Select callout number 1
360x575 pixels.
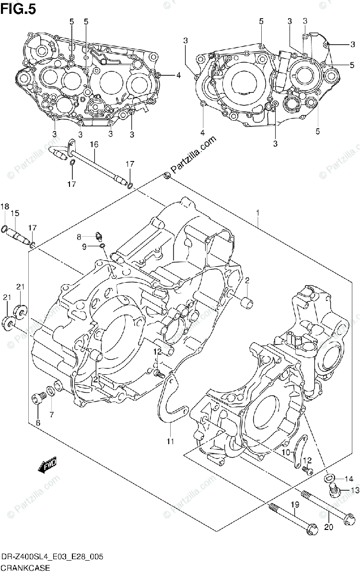click(257, 212)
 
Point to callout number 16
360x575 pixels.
click(93, 144)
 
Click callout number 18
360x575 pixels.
click(5, 207)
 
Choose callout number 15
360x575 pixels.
click(15, 213)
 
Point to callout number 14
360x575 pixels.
click(348, 478)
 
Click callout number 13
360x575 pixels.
click(354, 489)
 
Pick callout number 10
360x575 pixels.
click(285, 452)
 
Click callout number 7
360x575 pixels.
click(51, 414)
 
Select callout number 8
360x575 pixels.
click(80, 236)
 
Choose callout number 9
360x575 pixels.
click(83, 246)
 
